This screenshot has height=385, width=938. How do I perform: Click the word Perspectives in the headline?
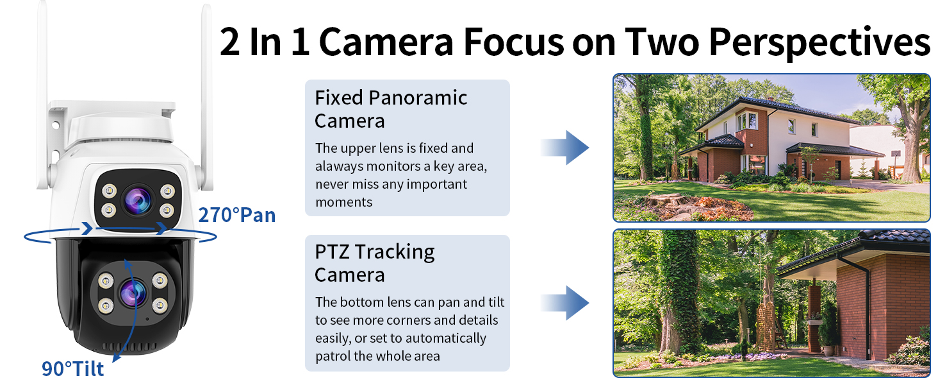(819, 43)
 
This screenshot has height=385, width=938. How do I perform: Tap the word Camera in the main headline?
(386, 42)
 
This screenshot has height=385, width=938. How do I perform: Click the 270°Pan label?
(237, 215)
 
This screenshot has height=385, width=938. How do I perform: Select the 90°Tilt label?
(72, 369)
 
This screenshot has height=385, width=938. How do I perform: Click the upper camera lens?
(138, 201)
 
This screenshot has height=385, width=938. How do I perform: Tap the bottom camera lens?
(133, 293)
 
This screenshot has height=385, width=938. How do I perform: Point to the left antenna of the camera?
(42, 96)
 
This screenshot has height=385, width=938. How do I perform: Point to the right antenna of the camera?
(206, 96)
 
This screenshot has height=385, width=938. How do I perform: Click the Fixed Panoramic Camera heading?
(391, 109)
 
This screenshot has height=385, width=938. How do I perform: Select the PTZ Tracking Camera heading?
(374, 263)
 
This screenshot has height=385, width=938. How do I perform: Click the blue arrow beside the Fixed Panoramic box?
(565, 148)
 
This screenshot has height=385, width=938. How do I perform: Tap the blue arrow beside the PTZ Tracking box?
(565, 303)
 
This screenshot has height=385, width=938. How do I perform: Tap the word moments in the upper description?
(344, 202)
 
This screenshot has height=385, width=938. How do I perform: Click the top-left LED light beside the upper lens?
(109, 191)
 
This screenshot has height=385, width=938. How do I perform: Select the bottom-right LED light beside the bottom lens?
(160, 305)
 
